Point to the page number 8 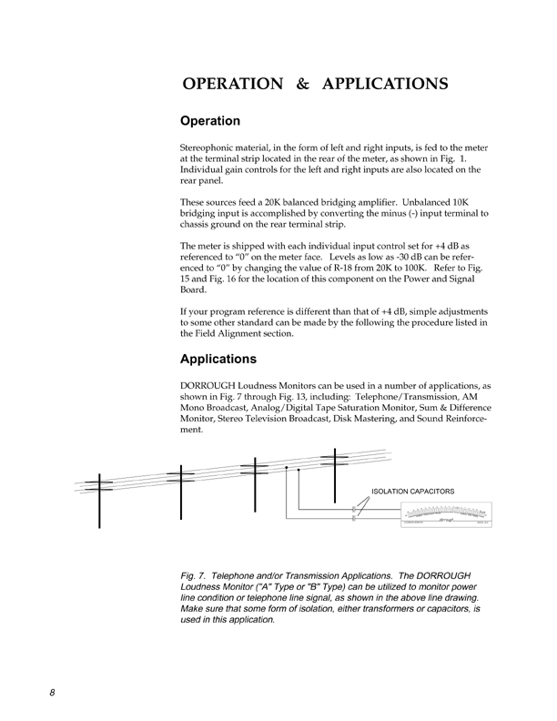(53, 692)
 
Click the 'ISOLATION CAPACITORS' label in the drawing (412, 492)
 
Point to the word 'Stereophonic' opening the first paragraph (212, 147)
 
